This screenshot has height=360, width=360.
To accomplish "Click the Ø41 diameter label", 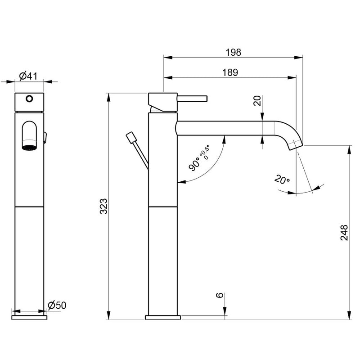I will point(28,76).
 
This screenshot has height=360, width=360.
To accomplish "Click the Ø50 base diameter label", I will point(57,306).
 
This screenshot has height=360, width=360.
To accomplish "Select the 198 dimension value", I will point(233,52).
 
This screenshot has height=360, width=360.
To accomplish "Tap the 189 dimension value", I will point(229,72).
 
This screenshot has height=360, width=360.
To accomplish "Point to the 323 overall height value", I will point(103,206).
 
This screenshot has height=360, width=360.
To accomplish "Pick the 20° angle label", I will point(282,180).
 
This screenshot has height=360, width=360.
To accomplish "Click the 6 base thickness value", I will point(220,295).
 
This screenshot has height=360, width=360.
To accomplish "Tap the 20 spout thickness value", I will point(257,101).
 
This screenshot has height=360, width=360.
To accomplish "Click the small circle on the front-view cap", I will point(30,99).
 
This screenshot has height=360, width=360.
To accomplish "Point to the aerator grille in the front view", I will point(29,147).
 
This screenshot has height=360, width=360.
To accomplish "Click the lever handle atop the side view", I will point(192,99).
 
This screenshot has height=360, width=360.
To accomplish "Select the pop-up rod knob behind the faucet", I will point(131,137).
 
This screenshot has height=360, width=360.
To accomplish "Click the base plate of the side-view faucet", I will point(163,317).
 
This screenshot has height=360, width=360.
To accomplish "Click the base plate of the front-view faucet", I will point(30,317).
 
